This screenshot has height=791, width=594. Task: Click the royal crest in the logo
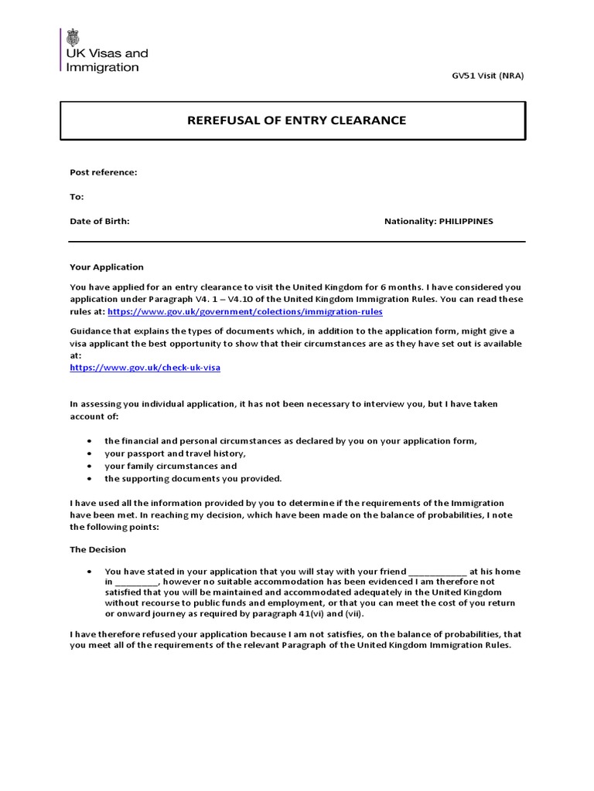click(x=73, y=37)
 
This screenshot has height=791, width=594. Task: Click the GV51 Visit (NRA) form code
click(x=487, y=75)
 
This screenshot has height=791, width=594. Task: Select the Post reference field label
click(x=104, y=172)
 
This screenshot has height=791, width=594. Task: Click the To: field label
click(x=77, y=197)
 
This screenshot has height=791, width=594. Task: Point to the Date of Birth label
click(x=100, y=221)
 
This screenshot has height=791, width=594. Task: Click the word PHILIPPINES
click(x=466, y=221)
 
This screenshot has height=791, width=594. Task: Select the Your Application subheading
click(x=107, y=267)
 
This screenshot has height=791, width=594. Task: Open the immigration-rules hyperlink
click(x=244, y=311)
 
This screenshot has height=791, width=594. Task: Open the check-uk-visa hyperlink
click(x=145, y=368)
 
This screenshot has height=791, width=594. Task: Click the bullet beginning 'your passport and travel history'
click(x=175, y=453)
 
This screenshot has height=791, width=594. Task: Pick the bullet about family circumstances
click(x=171, y=466)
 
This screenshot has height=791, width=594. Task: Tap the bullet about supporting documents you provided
click(x=193, y=478)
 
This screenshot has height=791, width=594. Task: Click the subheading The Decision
click(x=98, y=550)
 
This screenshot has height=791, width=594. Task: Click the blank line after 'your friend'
click(x=437, y=572)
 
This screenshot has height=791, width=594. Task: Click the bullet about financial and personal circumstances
click(x=291, y=441)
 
